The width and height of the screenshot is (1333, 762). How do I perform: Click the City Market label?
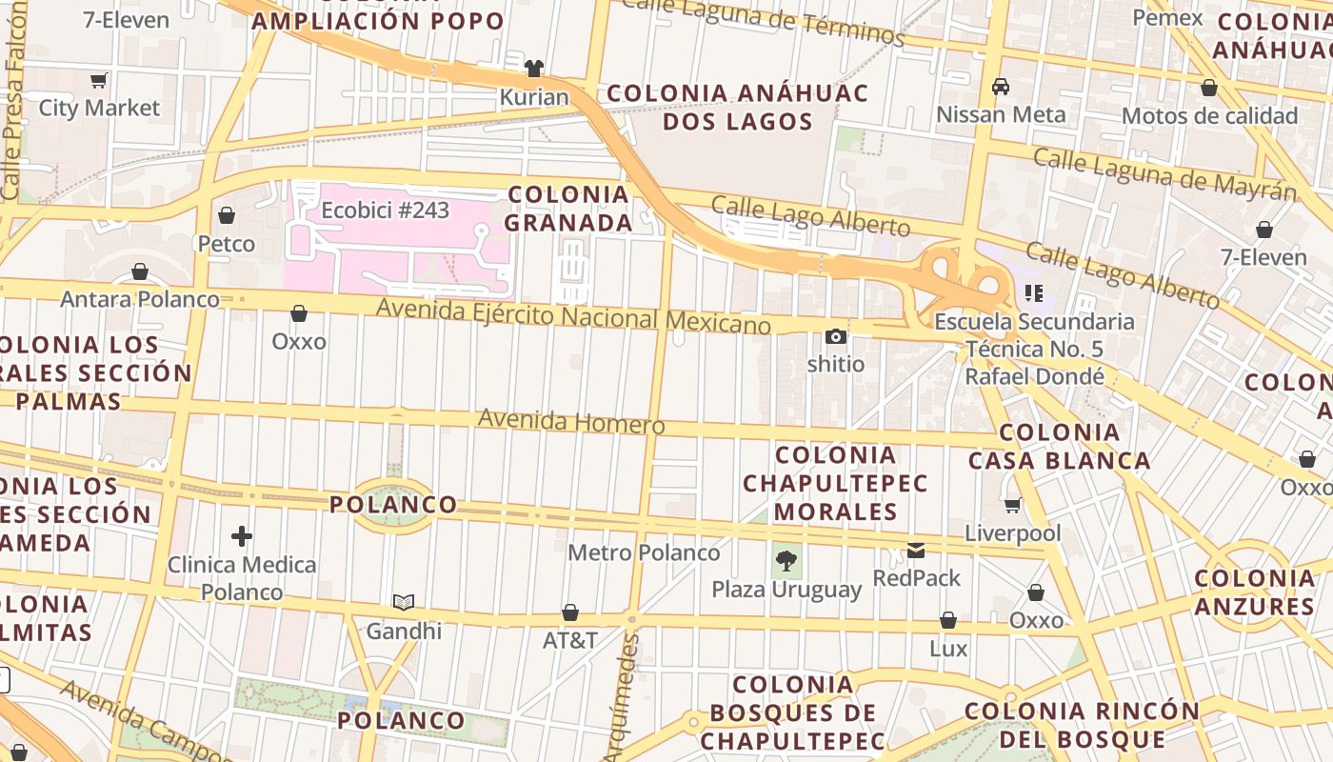click(x=99, y=108)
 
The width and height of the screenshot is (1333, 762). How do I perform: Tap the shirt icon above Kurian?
click(x=534, y=69)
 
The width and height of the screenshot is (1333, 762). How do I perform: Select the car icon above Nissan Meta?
click(x=1001, y=87)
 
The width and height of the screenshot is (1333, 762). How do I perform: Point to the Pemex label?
click(x=1167, y=17)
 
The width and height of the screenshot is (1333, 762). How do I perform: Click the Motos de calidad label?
click(x=1209, y=116)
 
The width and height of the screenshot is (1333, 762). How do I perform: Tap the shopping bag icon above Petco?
click(x=227, y=215)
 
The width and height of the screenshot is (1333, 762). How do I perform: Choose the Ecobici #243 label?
click(x=385, y=211)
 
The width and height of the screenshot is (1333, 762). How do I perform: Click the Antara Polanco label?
click(x=140, y=299)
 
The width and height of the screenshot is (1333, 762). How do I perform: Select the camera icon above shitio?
click(x=836, y=336)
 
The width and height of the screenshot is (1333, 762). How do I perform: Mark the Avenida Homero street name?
click(x=571, y=421)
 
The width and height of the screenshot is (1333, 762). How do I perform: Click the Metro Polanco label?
click(x=644, y=552)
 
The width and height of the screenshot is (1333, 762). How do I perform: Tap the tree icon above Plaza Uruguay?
click(x=786, y=560)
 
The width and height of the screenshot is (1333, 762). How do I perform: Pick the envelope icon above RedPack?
click(x=916, y=550)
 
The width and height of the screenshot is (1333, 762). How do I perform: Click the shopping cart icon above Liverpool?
click(x=1012, y=505)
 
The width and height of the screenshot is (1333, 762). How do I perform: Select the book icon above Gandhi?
click(x=404, y=602)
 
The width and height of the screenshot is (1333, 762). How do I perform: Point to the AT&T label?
click(x=570, y=640)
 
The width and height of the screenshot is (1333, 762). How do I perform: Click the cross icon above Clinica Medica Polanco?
click(x=242, y=536)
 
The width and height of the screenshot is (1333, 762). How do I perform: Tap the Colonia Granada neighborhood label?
click(x=568, y=209)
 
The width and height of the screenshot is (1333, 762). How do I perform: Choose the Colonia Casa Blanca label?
click(x=1060, y=447)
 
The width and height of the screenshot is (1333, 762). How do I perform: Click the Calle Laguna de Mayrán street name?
click(x=1164, y=174)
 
